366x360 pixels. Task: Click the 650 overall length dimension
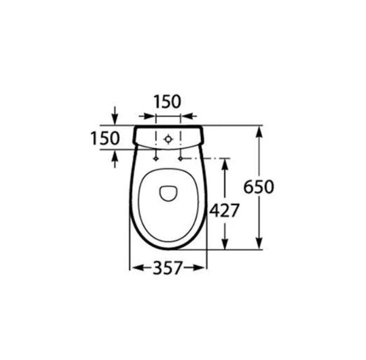pos(258,187)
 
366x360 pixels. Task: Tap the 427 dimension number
pos(224,211)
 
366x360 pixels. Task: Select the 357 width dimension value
pos(167,268)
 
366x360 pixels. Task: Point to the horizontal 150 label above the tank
pos(167,102)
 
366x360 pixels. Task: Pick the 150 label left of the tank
pos(105,138)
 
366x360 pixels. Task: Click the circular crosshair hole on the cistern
pos(168,139)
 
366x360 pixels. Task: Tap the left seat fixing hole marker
pos(155,159)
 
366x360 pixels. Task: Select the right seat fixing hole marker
pos(180,159)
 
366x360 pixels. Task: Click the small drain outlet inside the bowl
pos(168,193)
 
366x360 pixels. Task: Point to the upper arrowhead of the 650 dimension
pos(259,132)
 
